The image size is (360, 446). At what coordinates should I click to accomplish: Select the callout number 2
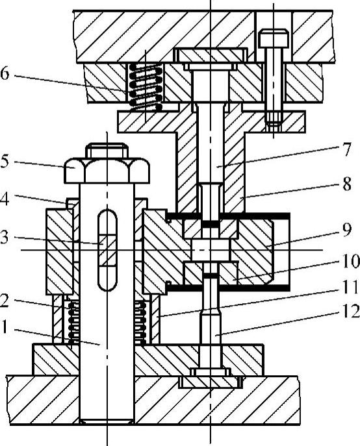pos(4,301)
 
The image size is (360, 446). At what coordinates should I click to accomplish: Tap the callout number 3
pos(5,237)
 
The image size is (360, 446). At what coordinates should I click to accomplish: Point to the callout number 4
pos(4,199)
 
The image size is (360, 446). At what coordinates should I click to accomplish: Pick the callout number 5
pos(5,162)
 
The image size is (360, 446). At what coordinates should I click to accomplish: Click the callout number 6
pos(5,73)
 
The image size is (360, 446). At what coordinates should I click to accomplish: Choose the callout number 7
pos(346,149)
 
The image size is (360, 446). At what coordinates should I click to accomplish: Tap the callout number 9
pos(346,230)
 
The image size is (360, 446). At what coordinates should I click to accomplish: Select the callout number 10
pos(351,261)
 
